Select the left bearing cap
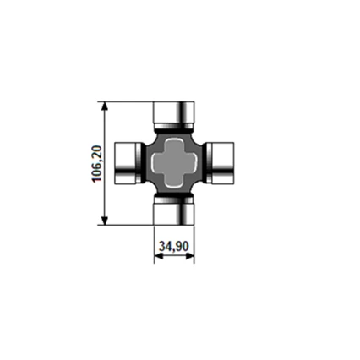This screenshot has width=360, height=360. click(x=125, y=162)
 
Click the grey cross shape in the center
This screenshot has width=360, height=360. click(x=174, y=162)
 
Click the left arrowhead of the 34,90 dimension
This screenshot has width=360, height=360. click(x=158, y=256)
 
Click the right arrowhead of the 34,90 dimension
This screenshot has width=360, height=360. click(x=190, y=256)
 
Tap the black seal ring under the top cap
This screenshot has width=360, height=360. click(x=174, y=128)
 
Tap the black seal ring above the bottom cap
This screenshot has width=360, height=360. click(x=174, y=197)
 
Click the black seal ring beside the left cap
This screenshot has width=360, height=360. click(x=142, y=162)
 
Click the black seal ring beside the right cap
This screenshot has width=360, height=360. click(x=207, y=162)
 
